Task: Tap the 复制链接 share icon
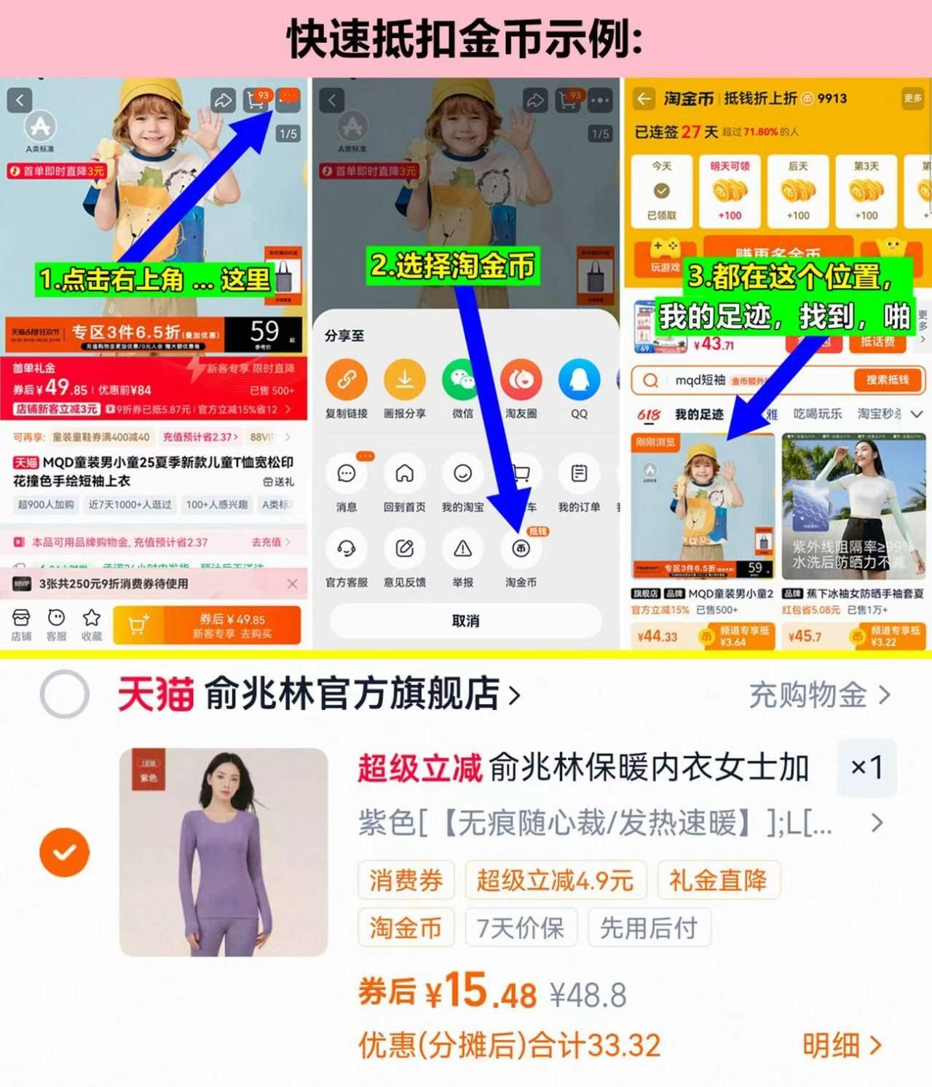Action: pos(347,380)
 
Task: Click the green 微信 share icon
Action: pos(462,380)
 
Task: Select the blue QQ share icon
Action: pos(579,380)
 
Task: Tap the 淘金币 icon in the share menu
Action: pos(521,549)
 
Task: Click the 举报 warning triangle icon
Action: pos(462,549)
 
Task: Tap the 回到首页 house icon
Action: pos(404,474)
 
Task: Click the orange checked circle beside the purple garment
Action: pos(65,852)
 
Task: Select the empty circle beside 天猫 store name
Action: pos(65,694)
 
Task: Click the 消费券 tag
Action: pos(406,880)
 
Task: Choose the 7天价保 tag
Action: pos(521,928)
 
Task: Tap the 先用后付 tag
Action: pos(649,928)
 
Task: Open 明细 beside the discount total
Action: pos(842,1046)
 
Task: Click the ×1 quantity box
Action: pos(866,767)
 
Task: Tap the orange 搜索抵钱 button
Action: pos(887,380)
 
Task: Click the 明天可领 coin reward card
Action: pos(730,191)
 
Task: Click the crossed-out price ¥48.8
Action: pos(588,995)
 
